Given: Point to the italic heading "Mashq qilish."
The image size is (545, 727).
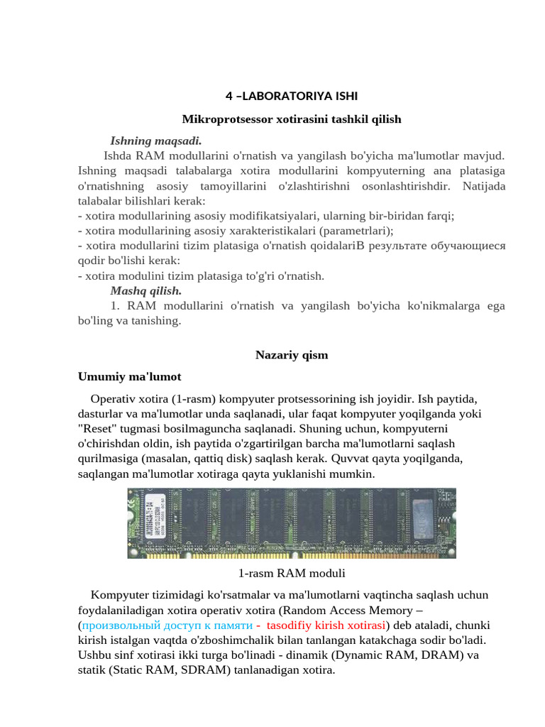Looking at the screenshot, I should point(145,290).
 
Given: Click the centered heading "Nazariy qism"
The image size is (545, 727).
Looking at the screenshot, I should point(291,355).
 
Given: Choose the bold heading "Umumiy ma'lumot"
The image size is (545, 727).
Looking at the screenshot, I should point(129,376).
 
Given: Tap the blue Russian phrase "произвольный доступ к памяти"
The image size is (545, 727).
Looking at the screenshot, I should point(167,625).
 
